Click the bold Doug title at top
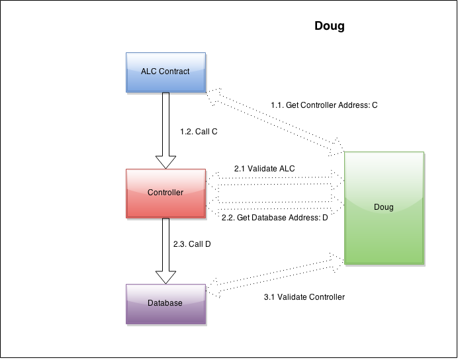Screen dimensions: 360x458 [329, 26]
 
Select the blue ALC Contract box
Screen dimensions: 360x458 [165, 71]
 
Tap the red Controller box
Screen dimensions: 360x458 [165, 193]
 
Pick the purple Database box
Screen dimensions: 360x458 [165, 303]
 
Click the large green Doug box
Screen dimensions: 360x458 [383, 218]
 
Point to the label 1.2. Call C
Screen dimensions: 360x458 [199, 132]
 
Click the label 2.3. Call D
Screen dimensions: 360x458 [192, 244]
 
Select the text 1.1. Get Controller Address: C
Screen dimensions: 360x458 [324, 105]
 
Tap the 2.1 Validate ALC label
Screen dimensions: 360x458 [264, 169]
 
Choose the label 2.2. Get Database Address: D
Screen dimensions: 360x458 [274, 218]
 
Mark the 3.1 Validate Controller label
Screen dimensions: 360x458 [304, 297]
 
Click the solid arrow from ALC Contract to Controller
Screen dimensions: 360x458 [165, 126]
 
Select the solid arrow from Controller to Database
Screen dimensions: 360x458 [165, 245]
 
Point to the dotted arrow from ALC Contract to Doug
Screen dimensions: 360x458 [275, 122]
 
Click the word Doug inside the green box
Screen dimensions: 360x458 [383, 207]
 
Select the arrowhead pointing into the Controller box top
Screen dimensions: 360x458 [165, 161]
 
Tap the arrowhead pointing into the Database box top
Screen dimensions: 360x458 [165, 276]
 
